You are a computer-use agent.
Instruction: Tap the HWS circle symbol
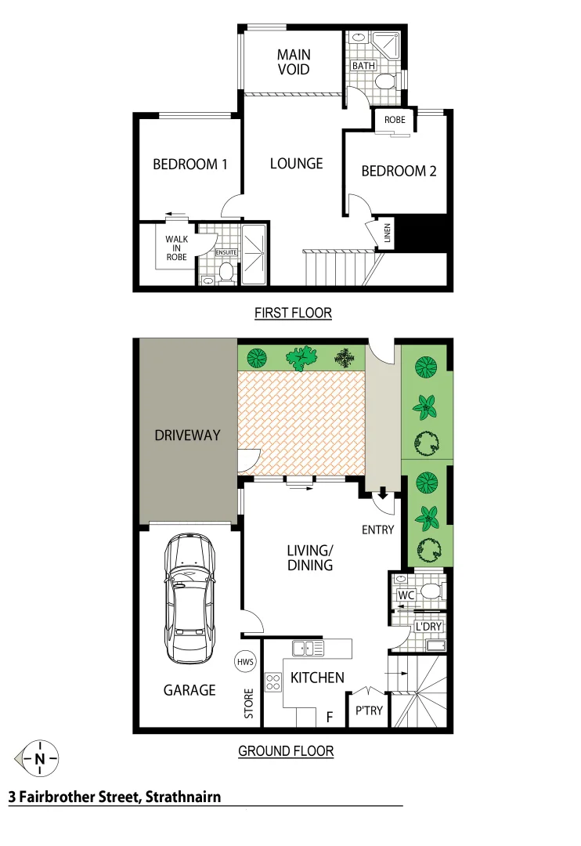tap(244, 662)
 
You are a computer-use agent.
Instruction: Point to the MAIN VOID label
tap(294, 62)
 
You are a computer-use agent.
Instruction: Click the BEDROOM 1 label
tap(189, 164)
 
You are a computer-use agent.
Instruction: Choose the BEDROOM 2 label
tap(399, 172)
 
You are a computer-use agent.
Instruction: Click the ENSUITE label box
tap(226, 253)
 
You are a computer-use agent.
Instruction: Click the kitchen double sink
tap(309, 649)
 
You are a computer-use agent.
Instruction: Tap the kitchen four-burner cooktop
tap(273, 681)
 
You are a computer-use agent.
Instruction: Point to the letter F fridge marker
tap(330, 715)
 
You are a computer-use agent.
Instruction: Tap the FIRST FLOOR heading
tap(293, 313)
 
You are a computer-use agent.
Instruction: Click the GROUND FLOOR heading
tap(286, 751)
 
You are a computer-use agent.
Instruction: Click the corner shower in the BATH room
tap(388, 43)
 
